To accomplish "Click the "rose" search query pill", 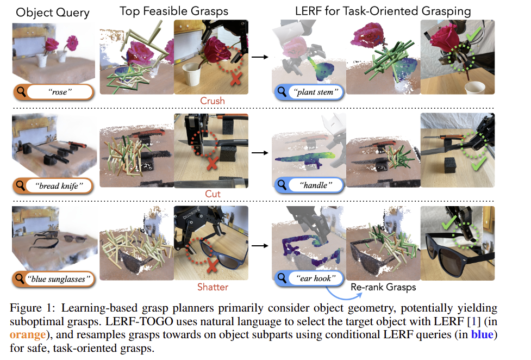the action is (53, 92).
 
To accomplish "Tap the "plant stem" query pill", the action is (309, 92).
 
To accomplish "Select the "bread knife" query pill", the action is (53, 186).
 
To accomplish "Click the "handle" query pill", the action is (309, 185).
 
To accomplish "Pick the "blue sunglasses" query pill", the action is (53, 279).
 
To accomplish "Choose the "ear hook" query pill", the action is (309, 278).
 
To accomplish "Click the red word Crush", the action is (213, 101).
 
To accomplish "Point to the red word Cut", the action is (213, 194).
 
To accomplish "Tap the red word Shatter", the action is (213, 287).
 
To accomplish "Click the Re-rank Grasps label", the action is (383, 287).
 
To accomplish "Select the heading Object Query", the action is (53, 13).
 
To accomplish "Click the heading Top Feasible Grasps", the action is (174, 11).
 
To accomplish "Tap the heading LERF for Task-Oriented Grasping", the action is (383, 11).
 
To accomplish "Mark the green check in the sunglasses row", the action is (449, 223).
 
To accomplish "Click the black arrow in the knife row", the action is (260, 153).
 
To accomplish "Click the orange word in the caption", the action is (28, 334).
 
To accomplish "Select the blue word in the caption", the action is (482, 334).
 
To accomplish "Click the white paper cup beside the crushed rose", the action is (192, 75).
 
